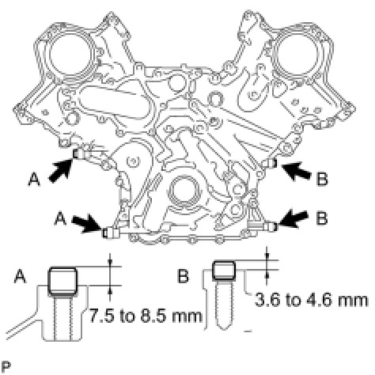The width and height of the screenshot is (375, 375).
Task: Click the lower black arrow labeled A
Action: click(x=87, y=223)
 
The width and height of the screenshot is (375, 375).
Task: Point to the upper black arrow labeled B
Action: click(x=296, y=171)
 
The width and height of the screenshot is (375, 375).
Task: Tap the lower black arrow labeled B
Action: click(x=292, y=219)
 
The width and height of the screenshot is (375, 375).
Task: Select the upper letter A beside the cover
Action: click(x=34, y=180)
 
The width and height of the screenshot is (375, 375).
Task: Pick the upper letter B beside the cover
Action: click(x=322, y=180)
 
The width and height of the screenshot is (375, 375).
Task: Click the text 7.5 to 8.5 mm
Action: click(x=146, y=316)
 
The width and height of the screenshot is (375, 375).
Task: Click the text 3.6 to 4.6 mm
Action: click(x=311, y=300)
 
